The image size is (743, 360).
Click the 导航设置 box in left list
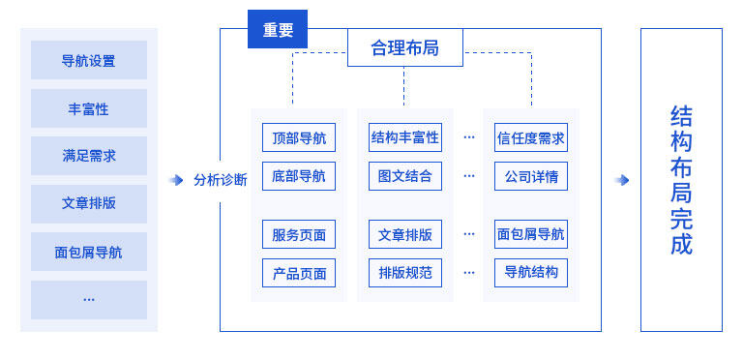point(88,61)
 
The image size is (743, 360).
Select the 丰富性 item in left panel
point(88,109)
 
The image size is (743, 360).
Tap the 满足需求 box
point(88,156)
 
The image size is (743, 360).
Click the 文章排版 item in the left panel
point(88,204)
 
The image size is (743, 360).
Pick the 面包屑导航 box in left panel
point(88,253)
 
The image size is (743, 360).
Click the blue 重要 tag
point(278,30)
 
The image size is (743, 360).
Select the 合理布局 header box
point(404,47)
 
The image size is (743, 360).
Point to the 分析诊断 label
point(221,180)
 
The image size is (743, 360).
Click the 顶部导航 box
point(299,137)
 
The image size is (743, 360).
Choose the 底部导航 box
point(299,176)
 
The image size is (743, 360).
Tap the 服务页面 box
point(299,234)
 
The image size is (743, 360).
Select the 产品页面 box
point(299,273)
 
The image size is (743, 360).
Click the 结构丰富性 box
point(404,137)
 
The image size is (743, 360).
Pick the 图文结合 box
point(404,176)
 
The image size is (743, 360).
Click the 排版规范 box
point(404,273)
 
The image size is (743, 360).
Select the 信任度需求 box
point(530,137)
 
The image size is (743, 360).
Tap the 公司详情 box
point(530,176)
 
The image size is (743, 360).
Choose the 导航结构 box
point(530,273)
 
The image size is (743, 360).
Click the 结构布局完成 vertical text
point(681,180)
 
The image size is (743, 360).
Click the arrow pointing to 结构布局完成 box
point(622,180)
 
